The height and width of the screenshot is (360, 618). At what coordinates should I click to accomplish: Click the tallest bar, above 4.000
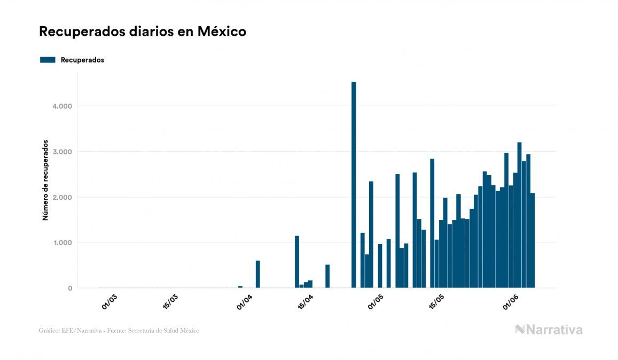354,185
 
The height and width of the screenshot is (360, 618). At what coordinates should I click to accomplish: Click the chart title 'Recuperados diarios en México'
143,32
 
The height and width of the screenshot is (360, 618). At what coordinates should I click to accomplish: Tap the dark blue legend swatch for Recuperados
48,60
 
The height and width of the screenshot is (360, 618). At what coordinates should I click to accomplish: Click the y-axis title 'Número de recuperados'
45,181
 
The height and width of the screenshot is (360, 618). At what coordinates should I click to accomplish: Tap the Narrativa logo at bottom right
549,330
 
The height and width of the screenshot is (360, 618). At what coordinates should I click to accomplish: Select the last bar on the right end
533,240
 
